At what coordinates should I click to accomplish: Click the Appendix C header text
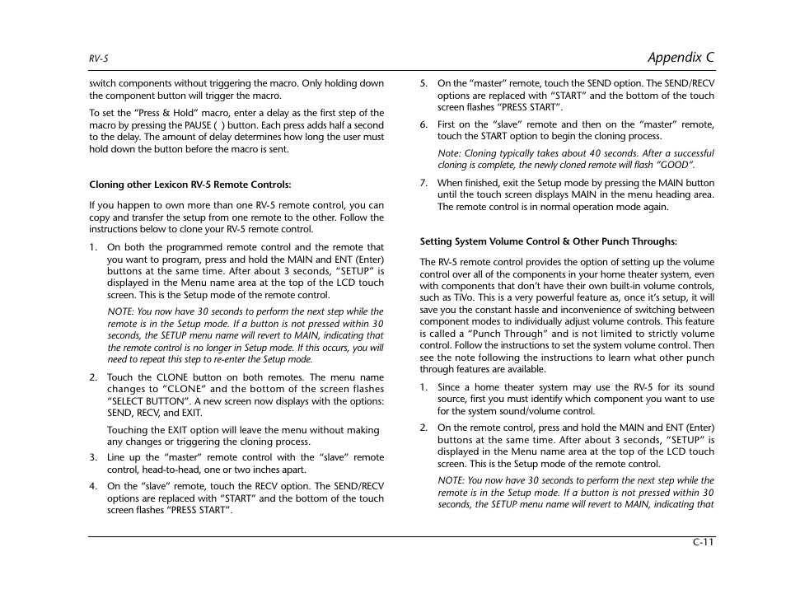pyautogui.click(x=681, y=57)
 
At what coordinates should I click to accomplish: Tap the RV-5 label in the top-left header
pyautogui.click(x=99, y=59)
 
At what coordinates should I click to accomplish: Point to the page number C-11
pyautogui.click(x=703, y=542)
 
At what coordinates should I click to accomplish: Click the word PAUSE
pyautogui.click(x=199, y=125)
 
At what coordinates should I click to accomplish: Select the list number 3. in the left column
pyautogui.click(x=94, y=457)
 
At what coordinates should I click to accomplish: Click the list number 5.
pyautogui.click(x=423, y=83)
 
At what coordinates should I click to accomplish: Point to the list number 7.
pyautogui.click(x=423, y=183)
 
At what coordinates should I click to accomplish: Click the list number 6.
pyautogui.click(x=423, y=124)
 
